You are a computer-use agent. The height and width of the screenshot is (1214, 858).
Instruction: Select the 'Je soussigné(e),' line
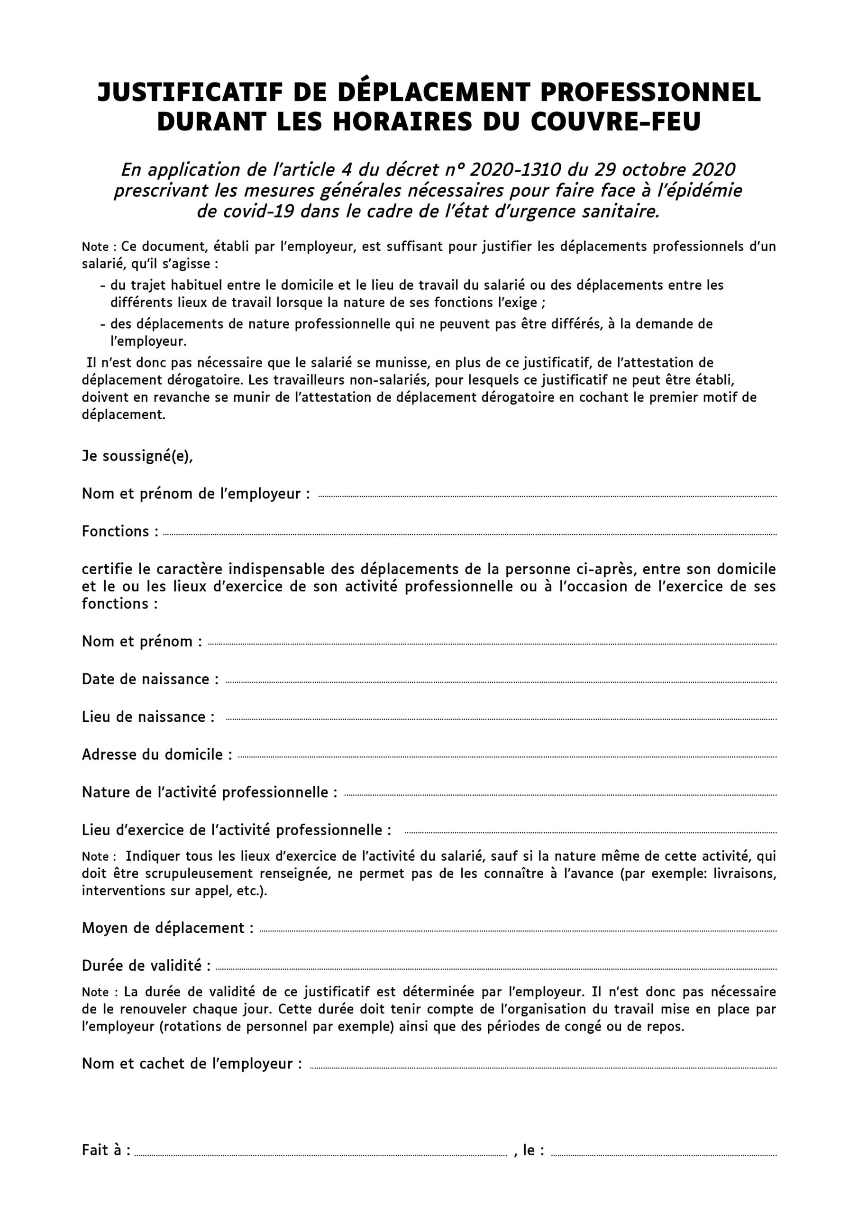(137, 456)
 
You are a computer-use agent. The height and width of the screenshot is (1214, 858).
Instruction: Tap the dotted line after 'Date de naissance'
(501, 682)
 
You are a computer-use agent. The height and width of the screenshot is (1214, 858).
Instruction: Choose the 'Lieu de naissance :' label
(148, 717)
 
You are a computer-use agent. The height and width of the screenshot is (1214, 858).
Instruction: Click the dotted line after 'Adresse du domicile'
(508, 757)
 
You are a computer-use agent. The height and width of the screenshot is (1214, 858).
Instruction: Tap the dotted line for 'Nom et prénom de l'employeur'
(547, 497)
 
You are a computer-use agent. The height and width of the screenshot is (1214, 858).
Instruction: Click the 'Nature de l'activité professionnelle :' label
(210, 792)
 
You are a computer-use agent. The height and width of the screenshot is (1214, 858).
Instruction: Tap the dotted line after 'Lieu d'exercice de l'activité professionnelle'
(591, 833)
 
